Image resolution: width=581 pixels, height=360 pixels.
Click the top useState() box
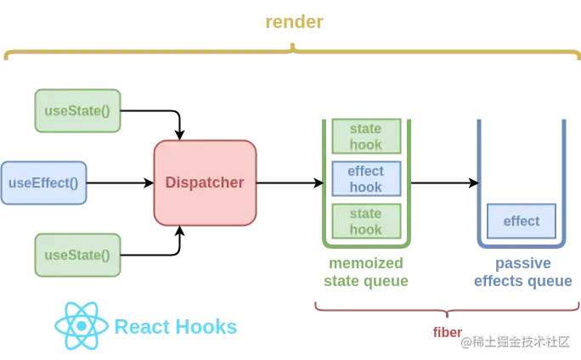78,111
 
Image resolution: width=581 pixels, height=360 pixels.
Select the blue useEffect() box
43,183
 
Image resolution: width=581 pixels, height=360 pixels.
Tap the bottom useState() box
78,255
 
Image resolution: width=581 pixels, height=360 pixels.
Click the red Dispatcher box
205,183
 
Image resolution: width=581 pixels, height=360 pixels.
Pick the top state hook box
366,136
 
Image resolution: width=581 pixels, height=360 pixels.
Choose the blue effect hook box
366,178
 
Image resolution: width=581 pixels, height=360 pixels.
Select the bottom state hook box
366,221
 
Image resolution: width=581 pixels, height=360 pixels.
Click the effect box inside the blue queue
521,221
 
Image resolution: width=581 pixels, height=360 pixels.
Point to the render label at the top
293,23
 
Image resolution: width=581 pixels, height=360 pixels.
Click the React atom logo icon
81,326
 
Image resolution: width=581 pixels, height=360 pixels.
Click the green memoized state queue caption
366,272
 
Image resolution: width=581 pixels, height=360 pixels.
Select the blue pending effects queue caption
521,272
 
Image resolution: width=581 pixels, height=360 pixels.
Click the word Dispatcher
205,183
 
